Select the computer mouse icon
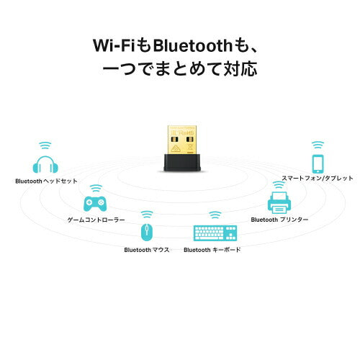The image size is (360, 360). pyautogui.click(x=147, y=233)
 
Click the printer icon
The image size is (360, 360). pyautogui.click(x=279, y=199)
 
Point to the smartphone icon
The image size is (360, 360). pyautogui.click(x=317, y=163)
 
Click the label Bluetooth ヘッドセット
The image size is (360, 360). pyautogui.click(x=46, y=182)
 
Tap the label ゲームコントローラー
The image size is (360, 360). pyautogui.click(x=96, y=219)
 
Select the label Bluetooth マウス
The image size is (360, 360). pyautogui.click(x=146, y=250)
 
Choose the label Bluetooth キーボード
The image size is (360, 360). pyautogui.click(x=212, y=250)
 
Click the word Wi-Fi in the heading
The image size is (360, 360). pyautogui.click(x=112, y=45)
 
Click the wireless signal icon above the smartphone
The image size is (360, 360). pyautogui.click(x=317, y=145)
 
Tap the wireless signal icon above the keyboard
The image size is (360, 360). pyautogui.click(x=214, y=215)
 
